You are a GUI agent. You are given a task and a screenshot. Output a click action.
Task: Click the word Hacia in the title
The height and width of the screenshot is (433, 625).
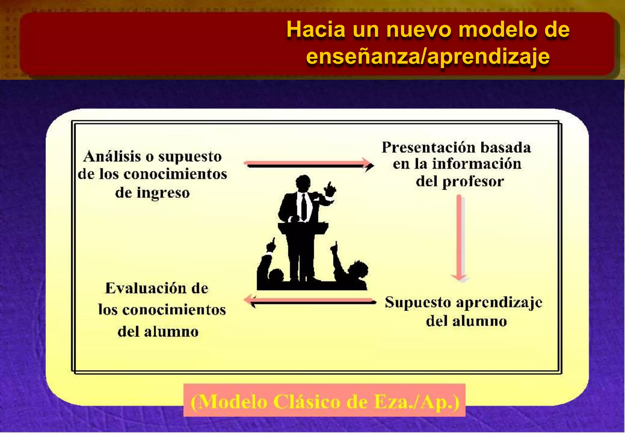tap(316, 30)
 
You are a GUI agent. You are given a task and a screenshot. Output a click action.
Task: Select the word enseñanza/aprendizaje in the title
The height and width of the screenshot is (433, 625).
tap(428, 57)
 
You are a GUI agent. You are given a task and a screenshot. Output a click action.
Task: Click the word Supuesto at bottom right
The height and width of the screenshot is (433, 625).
tap(418, 303)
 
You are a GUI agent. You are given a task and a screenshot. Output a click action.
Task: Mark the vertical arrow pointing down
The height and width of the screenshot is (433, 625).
tap(460, 238)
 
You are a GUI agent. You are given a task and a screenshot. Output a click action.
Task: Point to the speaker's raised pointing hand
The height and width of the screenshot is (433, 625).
tap(330, 189)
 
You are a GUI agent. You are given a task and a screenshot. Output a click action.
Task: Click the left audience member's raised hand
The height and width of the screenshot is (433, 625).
tap(271, 246)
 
